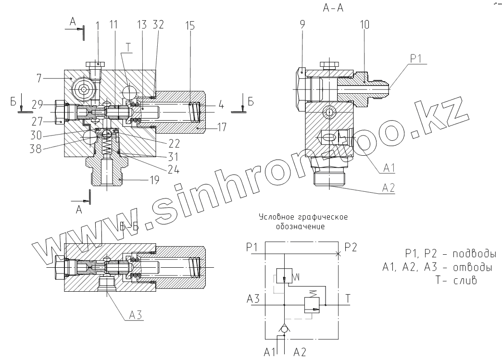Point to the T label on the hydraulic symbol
[x=348, y=299]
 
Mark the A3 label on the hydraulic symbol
[x=253, y=299]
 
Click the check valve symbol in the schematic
[x=285, y=329]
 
